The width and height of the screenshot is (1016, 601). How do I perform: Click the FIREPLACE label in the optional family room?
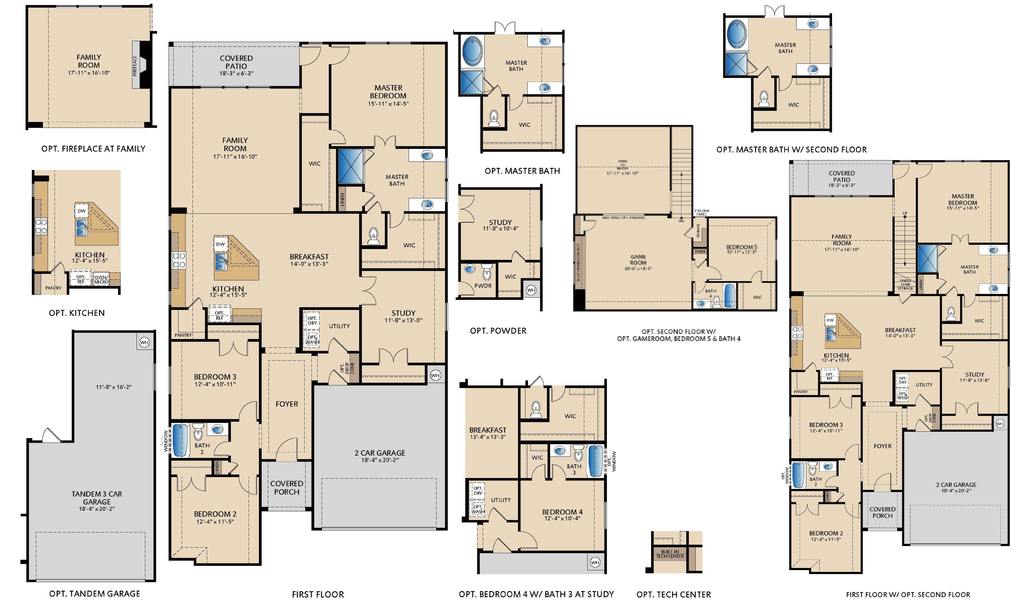[x=135, y=66]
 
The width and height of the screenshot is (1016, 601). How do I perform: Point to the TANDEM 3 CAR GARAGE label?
[x=97, y=498]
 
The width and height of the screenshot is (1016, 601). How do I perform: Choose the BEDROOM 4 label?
[x=562, y=512]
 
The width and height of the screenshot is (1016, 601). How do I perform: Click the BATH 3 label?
[x=574, y=469]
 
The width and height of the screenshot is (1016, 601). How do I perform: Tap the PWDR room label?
[x=483, y=286]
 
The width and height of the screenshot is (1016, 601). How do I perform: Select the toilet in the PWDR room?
[x=487, y=272]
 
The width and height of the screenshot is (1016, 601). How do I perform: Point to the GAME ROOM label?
[x=638, y=260]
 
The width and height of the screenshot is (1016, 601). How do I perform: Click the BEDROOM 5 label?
[x=741, y=247]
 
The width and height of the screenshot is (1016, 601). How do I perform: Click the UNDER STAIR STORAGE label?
[x=905, y=284]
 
